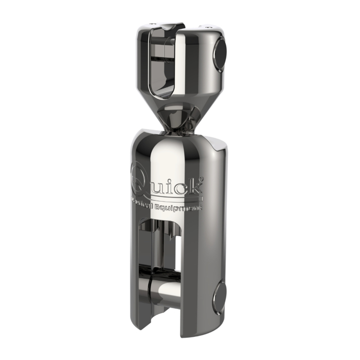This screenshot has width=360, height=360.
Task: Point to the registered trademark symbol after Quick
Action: tap(201, 179)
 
